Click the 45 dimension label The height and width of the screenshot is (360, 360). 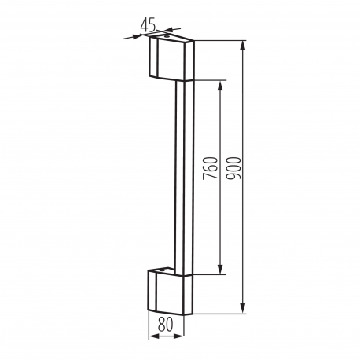pyautogui.click(x=148, y=25)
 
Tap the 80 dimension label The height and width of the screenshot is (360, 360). pyautogui.click(x=166, y=324)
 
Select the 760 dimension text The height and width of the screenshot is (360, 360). pyautogui.click(x=211, y=168)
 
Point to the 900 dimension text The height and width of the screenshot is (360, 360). pyautogui.click(x=233, y=168)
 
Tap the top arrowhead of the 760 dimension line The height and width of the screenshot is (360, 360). pyautogui.click(x=220, y=86)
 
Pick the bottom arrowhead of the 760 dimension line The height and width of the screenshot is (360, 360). pyautogui.click(x=220, y=269)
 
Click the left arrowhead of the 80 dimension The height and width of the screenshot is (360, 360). pyautogui.click(x=154, y=336)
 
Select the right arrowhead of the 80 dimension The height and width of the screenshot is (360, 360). pyautogui.click(x=178, y=336)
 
